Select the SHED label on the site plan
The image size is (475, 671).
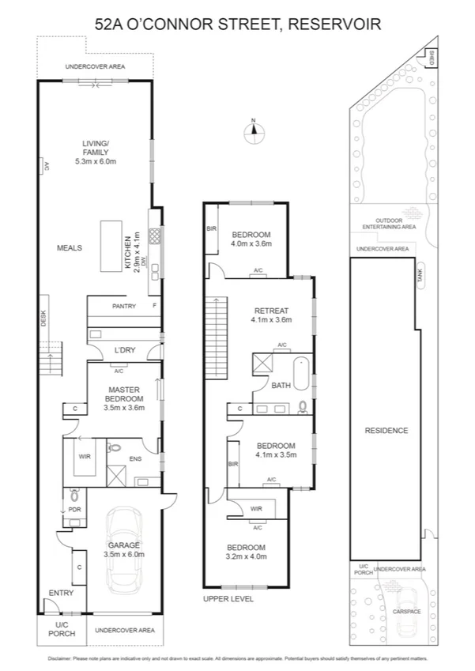tap(431, 58)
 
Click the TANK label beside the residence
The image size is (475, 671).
tap(420, 273)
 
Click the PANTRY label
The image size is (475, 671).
tap(124, 306)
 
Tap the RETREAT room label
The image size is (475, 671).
tap(271, 311)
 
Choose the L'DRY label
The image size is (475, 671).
tap(123, 349)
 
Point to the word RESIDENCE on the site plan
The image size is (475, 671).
tap(386, 431)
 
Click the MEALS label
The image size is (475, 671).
tap(70, 247)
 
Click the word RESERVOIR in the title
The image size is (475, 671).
tap(334, 25)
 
